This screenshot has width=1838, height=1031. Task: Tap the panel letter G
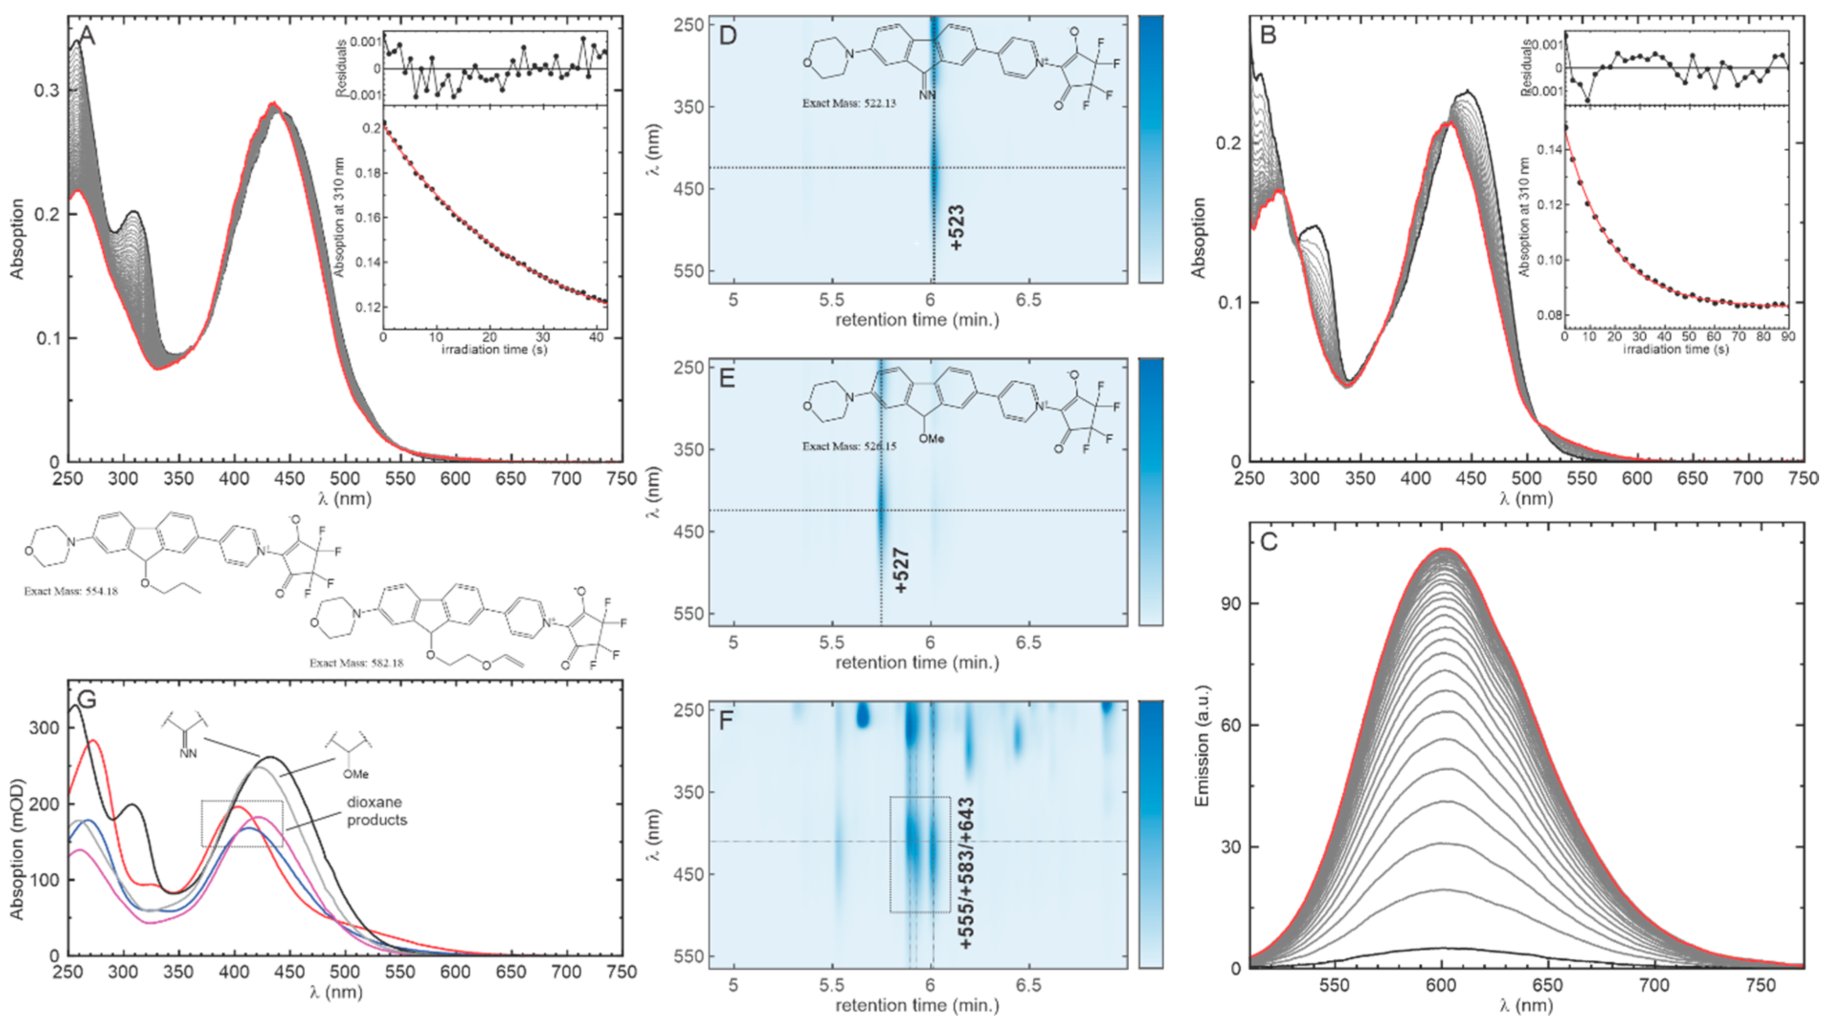(x=86, y=699)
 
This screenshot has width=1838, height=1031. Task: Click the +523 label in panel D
(x=958, y=227)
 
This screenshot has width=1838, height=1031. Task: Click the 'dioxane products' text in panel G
(x=377, y=811)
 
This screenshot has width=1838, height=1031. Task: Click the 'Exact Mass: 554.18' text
(x=71, y=591)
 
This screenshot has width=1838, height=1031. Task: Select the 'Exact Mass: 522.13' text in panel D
(x=848, y=103)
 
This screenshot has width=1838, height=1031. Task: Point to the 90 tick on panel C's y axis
(x=1229, y=604)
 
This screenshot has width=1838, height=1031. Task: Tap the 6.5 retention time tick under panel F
(x=1028, y=986)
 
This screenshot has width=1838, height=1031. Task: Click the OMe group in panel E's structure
(x=931, y=439)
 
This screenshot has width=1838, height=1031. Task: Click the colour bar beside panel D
(x=1150, y=149)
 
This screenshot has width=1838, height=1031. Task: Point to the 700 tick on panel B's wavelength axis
(x=1748, y=479)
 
